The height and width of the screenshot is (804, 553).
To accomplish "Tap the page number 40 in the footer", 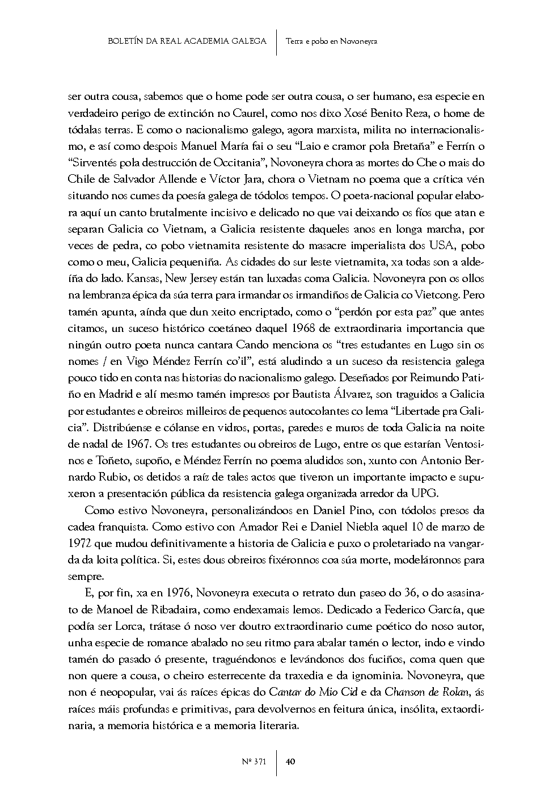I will pyautogui.click(x=290, y=762).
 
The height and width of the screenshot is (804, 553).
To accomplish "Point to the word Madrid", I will pyautogui.click(x=113, y=378).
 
